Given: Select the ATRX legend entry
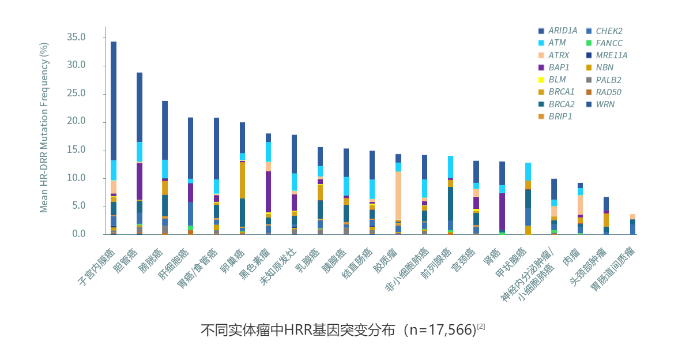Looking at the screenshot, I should tap(558, 55).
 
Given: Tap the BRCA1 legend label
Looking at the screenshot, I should tap(561, 92).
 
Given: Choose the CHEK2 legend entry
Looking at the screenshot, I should tap(609, 31).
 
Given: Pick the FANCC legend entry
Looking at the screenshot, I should tap(609, 43).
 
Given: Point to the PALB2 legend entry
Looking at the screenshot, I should tap(608, 80).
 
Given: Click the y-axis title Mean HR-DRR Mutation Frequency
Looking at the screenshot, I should tap(44, 127).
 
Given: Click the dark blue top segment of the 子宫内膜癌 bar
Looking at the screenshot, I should tap(114, 101).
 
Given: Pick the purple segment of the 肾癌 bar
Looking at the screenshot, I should tap(502, 212).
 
